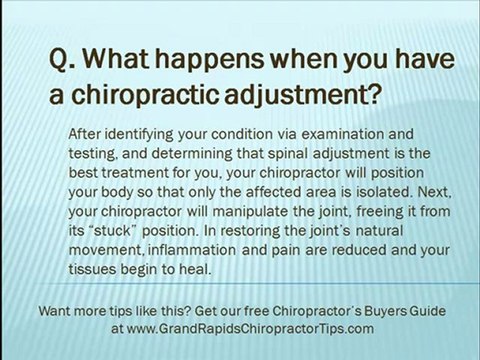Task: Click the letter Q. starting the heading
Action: [x=62, y=63]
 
